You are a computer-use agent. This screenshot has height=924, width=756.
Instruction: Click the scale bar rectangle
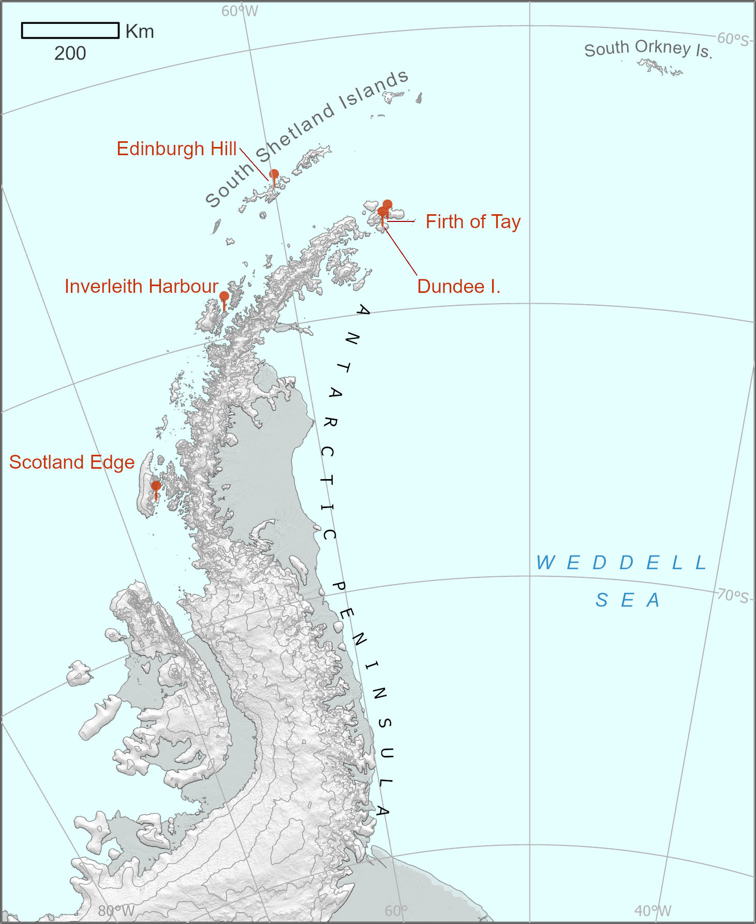tap(70, 31)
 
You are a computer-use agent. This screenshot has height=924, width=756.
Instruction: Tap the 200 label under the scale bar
tap(70, 53)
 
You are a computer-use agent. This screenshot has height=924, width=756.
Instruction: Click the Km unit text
tap(140, 32)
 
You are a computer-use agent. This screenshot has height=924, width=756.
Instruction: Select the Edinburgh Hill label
tap(176, 149)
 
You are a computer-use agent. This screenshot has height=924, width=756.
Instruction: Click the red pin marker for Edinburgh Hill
tap(274, 174)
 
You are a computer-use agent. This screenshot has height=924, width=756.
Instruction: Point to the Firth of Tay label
tap(473, 222)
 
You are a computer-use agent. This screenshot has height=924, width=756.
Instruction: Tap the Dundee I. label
tap(458, 287)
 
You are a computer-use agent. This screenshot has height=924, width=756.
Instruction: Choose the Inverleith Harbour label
tap(141, 287)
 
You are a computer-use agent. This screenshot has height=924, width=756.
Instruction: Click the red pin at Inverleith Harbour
tap(224, 296)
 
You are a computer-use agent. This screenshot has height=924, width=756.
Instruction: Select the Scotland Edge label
tap(72, 463)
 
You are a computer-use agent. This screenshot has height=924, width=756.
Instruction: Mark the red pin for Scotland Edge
tap(156, 486)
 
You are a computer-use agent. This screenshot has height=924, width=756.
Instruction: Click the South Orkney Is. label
tap(648, 49)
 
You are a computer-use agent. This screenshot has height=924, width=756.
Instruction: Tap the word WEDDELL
tap(621, 563)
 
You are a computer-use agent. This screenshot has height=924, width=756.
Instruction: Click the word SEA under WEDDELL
tap(627, 601)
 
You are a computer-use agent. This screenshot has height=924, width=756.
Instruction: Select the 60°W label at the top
tap(240, 11)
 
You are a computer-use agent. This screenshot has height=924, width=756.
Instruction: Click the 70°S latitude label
tap(733, 596)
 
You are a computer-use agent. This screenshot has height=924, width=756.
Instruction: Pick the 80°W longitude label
tap(116, 911)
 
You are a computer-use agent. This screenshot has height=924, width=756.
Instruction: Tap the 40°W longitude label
tap(653, 911)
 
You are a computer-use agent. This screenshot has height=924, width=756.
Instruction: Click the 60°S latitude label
tap(733, 39)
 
